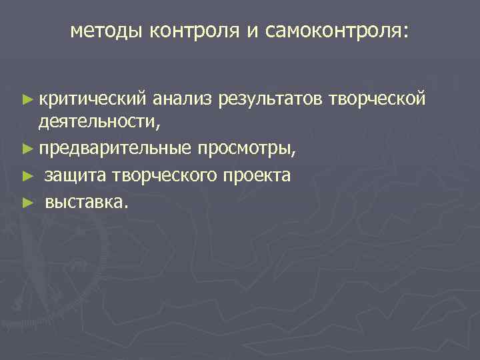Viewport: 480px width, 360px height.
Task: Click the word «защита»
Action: pyautogui.click(x=76, y=175)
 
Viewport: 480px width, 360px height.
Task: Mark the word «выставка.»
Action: pyautogui.click(x=85, y=201)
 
